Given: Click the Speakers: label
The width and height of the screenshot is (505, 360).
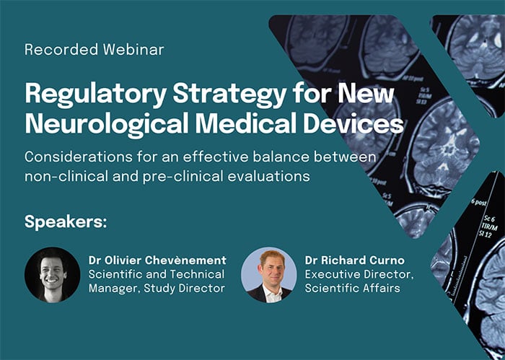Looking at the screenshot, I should [x=66, y=221].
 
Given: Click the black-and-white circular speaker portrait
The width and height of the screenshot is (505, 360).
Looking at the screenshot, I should [x=53, y=274].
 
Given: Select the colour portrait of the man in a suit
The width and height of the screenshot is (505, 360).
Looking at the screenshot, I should [x=268, y=274].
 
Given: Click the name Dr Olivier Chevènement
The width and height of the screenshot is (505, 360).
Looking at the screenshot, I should [x=157, y=260].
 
